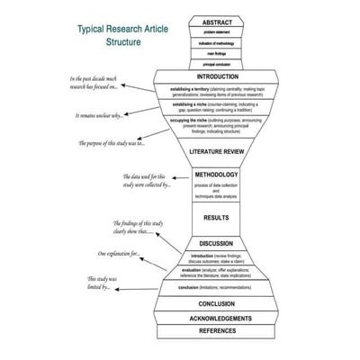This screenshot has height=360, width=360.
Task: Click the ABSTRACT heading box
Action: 217,22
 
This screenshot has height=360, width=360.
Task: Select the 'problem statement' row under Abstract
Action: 217,33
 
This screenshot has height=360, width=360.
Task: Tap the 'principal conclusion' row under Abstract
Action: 217,64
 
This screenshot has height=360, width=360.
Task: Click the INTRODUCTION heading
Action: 217,76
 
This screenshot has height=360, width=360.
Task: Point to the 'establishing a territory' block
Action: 217,92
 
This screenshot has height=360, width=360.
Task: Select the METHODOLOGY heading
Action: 217,175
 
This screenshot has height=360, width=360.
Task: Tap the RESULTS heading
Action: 217,217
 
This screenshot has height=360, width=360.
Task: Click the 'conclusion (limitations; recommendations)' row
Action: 217,287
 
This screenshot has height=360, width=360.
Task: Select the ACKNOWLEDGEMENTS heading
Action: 217,318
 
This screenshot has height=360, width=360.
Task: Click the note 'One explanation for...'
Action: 118,255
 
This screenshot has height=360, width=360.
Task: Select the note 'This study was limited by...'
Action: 98,283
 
